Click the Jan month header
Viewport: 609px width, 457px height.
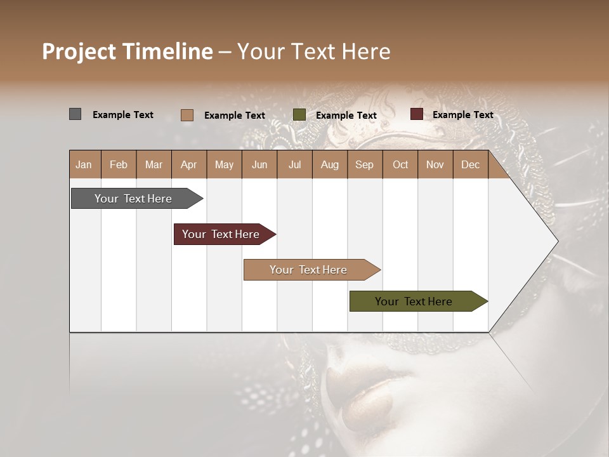pyautogui.click(x=84, y=165)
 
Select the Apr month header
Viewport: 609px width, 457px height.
pyautogui.click(x=188, y=165)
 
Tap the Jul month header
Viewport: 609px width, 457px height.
pyautogui.click(x=294, y=165)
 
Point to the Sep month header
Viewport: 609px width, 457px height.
pyautogui.click(x=364, y=165)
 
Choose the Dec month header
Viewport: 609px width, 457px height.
pyautogui.click(x=470, y=165)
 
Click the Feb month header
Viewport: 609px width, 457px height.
pyautogui.click(x=119, y=165)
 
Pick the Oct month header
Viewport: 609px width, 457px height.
pyautogui.click(x=400, y=165)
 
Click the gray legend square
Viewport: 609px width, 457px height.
pyautogui.click(x=75, y=114)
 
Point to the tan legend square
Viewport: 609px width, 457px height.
pyautogui.click(x=187, y=115)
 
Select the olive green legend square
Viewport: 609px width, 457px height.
pyautogui.click(x=299, y=115)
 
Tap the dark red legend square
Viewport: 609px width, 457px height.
pyautogui.click(x=416, y=114)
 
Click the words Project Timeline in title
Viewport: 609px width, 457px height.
pyautogui.click(x=128, y=51)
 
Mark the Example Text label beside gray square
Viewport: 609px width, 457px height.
pyautogui.click(x=123, y=115)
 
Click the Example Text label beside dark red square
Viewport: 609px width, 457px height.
pyautogui.click(x=463, y=115)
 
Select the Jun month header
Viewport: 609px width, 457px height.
pyautogui.click(x=259, y=165)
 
